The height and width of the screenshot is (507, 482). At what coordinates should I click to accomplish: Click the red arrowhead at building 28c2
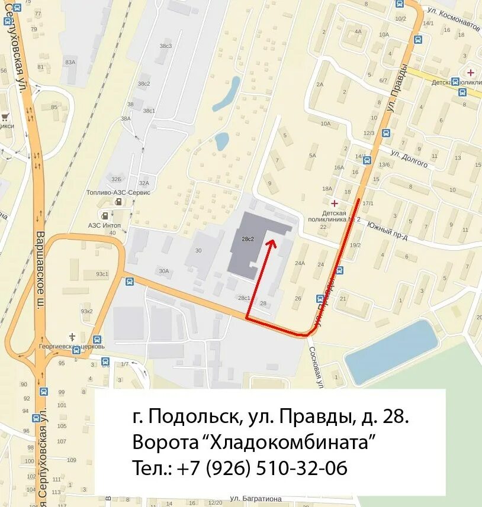point(271,241)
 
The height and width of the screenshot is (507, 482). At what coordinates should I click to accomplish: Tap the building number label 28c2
point(248,239)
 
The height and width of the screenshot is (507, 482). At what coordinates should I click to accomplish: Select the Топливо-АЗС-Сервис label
point(127,193)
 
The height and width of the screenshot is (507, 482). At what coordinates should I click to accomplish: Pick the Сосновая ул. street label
point(315,367)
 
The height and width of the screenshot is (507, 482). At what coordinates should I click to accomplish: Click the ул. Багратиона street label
point(256,499)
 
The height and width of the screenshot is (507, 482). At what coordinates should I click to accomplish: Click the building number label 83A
point(70,62)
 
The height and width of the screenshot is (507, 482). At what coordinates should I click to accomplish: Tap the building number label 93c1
point(86,274)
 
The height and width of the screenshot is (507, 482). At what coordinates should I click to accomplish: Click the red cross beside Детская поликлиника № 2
point(335,203)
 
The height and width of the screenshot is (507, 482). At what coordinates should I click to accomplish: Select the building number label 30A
point(163,271)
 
